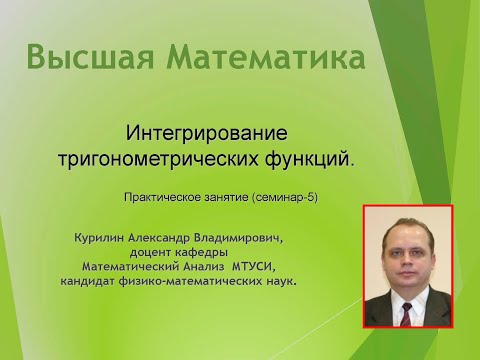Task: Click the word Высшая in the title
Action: pyautogui.click(x=88, y=57)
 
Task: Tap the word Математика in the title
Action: pyautogui.click(x=258, y=57)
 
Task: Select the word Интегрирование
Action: pyautogui.click(x=207, y=132)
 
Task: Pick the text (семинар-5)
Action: pyautogui.click(x=286, y=198)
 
